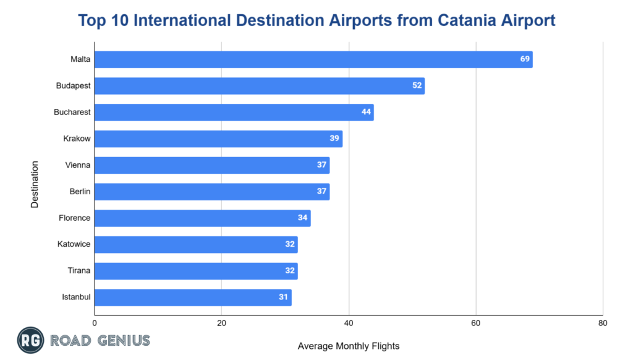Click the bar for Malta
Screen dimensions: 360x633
click(x=313, y=59)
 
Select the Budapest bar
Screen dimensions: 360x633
click(x=259, y=86)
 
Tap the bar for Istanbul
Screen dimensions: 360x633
click(x=192, y=298)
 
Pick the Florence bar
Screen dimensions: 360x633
click(x=202, y=218)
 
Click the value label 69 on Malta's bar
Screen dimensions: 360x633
click(x=525, y=59)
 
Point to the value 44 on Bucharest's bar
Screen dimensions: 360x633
click(x=367, y=112)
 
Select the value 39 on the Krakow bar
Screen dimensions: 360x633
click(x=334, y=139)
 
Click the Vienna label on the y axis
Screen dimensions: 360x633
click(x=78, y=165)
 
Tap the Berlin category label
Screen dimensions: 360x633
click(x=80, y=192)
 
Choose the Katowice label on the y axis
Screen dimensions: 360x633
click(x=74, y=244)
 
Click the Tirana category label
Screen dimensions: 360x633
click(x=79, y=271)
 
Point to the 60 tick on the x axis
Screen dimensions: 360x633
click(x=476, y=323)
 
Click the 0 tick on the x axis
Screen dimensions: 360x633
click(x=95, y=323)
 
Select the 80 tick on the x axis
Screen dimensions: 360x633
click(x=603, y=323)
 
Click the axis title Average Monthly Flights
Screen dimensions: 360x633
click(x=349, y=346)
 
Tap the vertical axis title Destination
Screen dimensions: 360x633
click(x=35, y=185)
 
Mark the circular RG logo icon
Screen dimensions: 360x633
click(x=30, y=340)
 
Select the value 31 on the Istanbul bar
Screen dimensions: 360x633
click(x=284, y=298)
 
